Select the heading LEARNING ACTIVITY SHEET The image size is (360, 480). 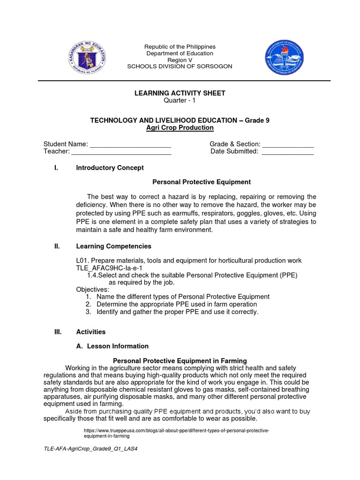180,93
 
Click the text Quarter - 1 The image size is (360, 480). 180,101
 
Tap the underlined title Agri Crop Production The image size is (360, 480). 180,127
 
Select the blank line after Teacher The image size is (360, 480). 121,152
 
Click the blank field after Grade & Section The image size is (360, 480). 287,144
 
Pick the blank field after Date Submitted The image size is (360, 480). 287,152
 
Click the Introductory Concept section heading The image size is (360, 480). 110,167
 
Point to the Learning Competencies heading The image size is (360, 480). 113,246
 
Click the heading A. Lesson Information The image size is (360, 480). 112,346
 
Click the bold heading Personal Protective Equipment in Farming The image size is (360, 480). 180,360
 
